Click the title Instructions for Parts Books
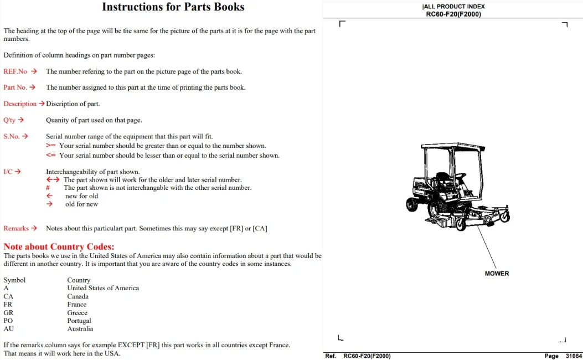[173, 7]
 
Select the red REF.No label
[16, 71]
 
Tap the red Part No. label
[16, 88]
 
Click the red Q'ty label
[9, 120]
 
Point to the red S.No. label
[12, 136]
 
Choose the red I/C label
[8, 172]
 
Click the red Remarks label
[16, 228]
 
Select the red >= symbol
[50, 146]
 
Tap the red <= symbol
[50, 155]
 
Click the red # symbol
[48, 188]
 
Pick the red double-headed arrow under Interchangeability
[53, 179]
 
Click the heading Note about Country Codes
[59, 246]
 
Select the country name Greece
[78, 313]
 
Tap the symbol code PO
[8, 321]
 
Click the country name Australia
[80, 329]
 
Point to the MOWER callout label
[497, 274]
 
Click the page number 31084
[574, 356]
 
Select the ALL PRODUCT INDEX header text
[454, 6]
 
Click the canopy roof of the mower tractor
[453, 146]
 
